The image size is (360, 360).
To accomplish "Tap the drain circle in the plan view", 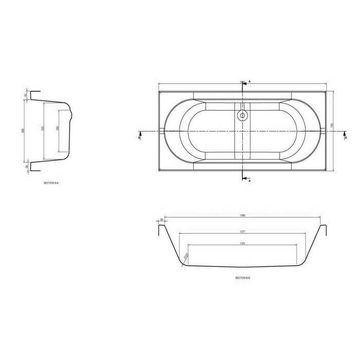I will (242, 115).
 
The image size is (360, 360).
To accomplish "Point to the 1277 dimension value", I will (242, 232).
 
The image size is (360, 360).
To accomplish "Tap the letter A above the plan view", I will (250, 82).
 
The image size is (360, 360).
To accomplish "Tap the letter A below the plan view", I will (250, 181).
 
